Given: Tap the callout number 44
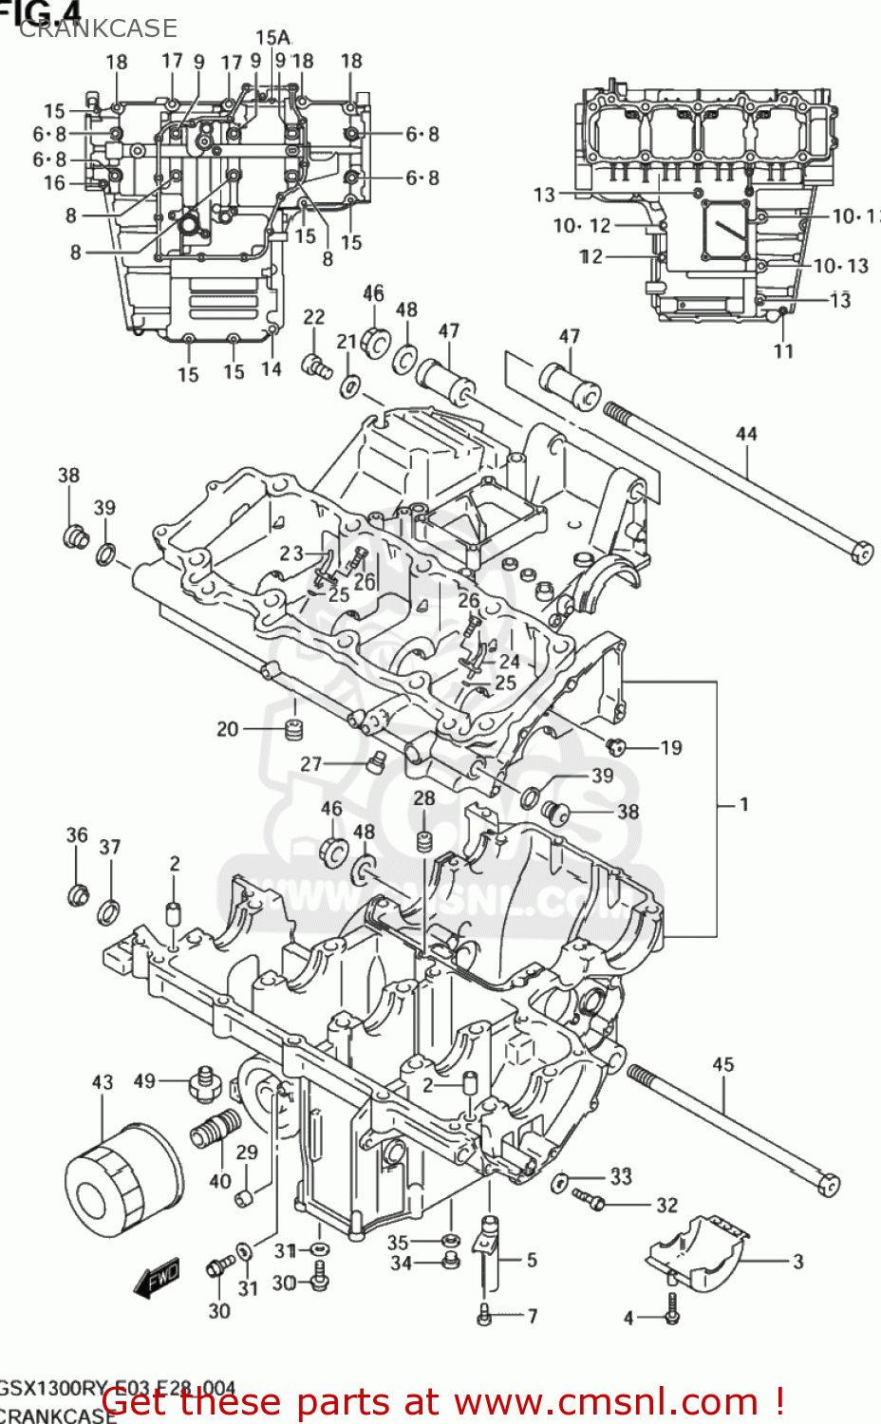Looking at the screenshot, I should [x=746, y=435].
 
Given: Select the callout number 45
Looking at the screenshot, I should [x=723, y=1064].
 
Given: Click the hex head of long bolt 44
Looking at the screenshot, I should [x=862, y=553].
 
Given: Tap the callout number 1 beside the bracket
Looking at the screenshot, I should [x=744, y=804].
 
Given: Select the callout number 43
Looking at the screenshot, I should [x=103, y=1082].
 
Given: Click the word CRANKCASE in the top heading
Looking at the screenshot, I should [x=98, y=28].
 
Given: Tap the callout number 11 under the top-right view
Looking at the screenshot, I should [x=783, y=351].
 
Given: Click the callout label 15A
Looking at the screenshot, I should [x=272, y=38].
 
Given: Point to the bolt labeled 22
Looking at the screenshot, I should [x=316, y=364].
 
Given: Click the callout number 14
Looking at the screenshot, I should [x=272, y=368].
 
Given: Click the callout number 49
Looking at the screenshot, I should [x=144, y=1081].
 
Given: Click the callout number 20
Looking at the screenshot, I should [x=228, y=729].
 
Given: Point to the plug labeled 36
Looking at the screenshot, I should [x=78, y=893].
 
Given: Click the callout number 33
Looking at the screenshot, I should [x=621, y=1176].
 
